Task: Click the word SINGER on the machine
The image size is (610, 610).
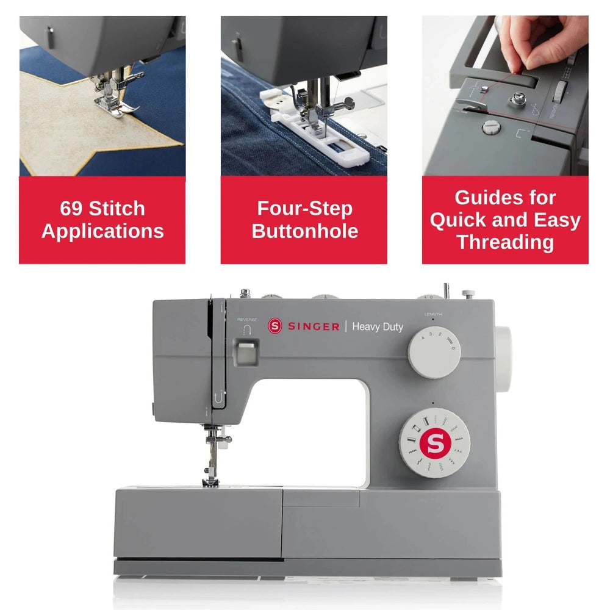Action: coord(313,326)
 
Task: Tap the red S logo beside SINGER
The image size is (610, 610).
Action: coord(274,326)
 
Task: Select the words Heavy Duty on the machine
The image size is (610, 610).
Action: coord(378,327)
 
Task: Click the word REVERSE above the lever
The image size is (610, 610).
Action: coord(247,319)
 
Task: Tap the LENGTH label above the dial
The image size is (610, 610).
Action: coord(432,314)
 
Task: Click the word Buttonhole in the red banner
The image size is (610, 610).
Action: coord(304,231)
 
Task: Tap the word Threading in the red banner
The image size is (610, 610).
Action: coord(504,242)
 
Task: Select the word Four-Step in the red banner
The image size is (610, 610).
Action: coord(304,209)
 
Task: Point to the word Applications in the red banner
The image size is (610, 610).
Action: coord(102,231)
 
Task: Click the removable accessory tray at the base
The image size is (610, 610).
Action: coord(198,525)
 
